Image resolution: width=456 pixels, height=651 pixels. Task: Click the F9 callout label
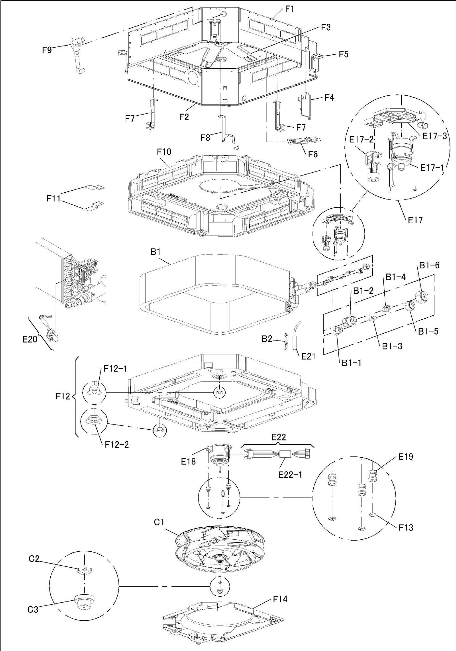coord(47,50)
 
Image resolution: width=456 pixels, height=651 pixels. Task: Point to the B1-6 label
coord(429,265)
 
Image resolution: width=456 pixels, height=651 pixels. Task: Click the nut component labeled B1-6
coord(422,296)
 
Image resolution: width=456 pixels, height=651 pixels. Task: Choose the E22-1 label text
coord(290,475)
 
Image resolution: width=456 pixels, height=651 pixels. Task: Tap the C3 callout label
coord(33,609)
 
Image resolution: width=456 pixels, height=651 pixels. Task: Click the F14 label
coord(280,599)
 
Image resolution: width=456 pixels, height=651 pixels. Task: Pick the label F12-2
coord(117,444)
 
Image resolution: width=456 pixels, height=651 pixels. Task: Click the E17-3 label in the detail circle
coord(435,136)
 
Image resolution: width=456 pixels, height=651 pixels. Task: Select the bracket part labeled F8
coord(225,130)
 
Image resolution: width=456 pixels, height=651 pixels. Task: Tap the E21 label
coord(308,356)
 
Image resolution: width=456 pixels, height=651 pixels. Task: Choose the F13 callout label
coord(406,527)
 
